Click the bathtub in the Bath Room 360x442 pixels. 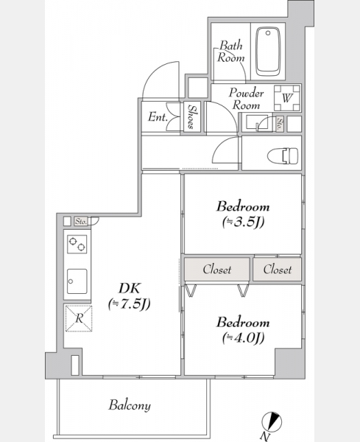[268, 52]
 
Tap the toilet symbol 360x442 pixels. [282, 155]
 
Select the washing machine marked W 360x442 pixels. [287, 98]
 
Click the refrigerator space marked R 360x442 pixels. [79, 318]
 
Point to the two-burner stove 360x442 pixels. [77, 244]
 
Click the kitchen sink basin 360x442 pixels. [77, 281]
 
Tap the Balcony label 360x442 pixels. [130, 405]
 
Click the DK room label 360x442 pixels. [130, 288]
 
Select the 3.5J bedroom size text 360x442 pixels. [243, 222]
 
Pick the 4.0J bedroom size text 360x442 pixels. [243, 338]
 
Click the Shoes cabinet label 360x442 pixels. [192, 116]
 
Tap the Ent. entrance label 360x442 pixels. [158, 116]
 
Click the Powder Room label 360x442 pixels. [246, 99]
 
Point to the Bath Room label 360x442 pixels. [230, 52]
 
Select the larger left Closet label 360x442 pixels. [217, 270]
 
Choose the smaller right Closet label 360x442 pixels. [278, 270]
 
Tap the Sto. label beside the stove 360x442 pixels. [81, 222]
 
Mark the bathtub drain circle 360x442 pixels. [268, 33]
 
